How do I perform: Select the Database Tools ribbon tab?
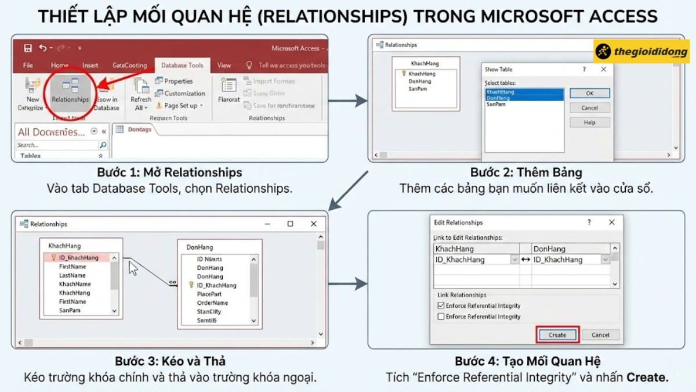point(182,66)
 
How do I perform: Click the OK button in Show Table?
point(589,93)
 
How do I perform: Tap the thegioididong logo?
point(641,52)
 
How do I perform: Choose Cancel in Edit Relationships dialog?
point(600,335)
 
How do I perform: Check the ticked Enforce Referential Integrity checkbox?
point(441,305)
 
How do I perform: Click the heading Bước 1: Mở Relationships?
point(169,172)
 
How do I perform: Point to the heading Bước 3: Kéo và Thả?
point(169,361)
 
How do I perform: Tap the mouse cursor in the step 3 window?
point(133,268)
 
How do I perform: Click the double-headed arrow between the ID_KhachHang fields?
point(525,260)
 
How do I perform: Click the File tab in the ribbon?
point(28,66)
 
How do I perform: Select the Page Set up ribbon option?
point(180,106)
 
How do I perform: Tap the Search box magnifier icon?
point(103,145)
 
